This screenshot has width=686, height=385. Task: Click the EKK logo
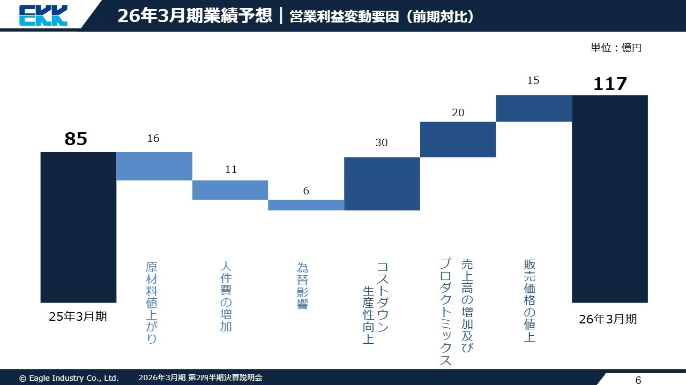tap(43, 15)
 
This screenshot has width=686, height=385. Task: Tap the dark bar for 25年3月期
tap(78, 227)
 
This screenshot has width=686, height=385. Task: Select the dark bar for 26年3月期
tap(610, 199)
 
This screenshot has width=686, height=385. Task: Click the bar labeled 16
tap(154, 166)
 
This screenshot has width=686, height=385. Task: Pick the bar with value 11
tap(230, 190)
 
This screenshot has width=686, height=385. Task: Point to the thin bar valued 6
tap(306, 205)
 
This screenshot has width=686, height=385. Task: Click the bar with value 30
tap(382, 184)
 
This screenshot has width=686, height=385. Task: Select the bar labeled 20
tap(458, 139)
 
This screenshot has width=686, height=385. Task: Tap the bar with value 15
tap(534, 108)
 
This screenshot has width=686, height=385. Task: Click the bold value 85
tap(76, 139)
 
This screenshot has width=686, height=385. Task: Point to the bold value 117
tap(610, 84)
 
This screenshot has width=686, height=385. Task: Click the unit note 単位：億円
tap(616, 48)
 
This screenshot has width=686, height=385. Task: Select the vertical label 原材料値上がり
tap(152, 303)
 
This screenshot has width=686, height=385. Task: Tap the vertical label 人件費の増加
tap(226, 296)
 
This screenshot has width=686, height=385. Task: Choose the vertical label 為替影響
tap(303, 285)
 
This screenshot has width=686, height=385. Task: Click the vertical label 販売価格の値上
tap(530, 300)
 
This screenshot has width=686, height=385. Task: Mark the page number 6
tap(638, 381)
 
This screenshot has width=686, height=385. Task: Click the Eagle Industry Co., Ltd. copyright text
tap(69, 378)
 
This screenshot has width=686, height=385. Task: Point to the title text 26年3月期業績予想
tap(195, 16)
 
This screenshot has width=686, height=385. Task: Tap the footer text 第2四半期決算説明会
tap(225, 378)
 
